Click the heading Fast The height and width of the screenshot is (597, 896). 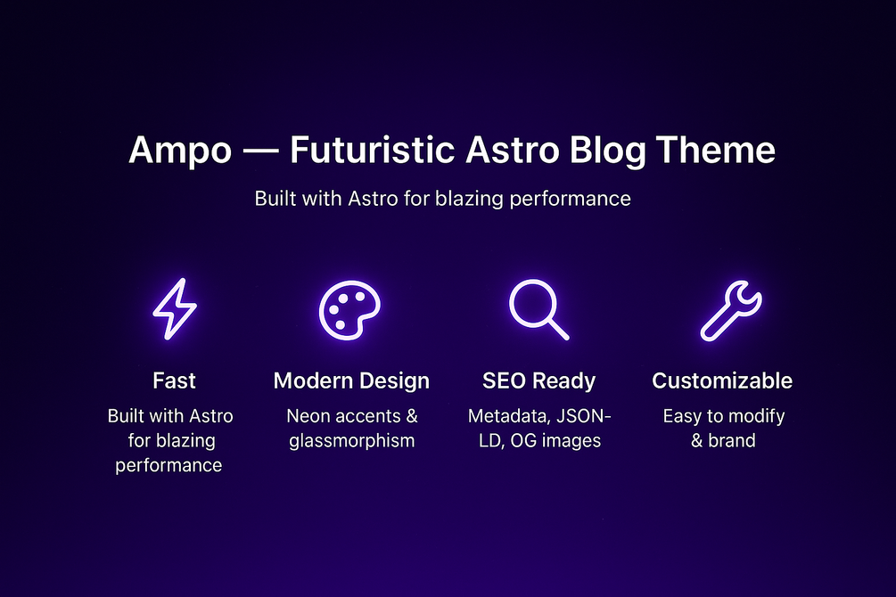tap(174, 380)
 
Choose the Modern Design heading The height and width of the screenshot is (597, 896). tap(351, 381)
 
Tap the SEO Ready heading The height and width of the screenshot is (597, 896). tap(538, 381)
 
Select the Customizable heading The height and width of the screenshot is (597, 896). tap(722, 380)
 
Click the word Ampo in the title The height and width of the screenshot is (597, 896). tap(180, 151)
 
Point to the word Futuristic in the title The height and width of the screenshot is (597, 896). tap(373, 150)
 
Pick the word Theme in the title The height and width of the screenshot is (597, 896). tap(715, 150)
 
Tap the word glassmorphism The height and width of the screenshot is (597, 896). tap(352, 441)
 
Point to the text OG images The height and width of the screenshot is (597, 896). tap(555, 441)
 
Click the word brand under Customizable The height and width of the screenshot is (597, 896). tap(732, 440)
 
